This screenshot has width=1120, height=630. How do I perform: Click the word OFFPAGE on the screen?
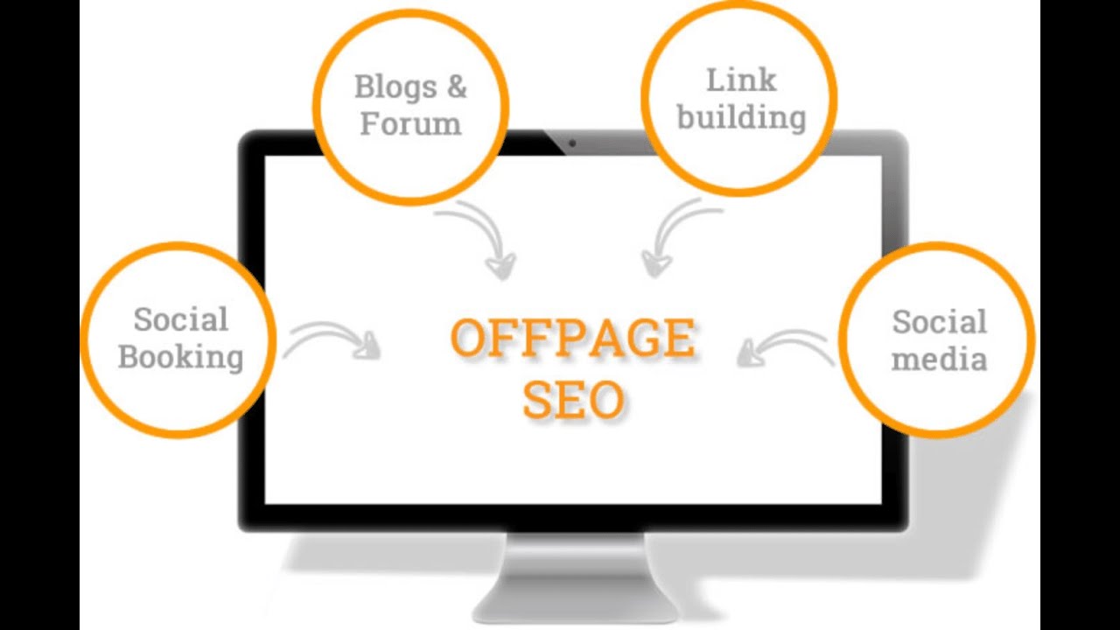click(573, 339)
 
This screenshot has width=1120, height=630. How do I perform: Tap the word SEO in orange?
click(573, 400)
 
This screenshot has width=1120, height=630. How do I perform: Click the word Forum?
click(410, 123)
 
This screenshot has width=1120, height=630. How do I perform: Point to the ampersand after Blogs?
click(457, 87)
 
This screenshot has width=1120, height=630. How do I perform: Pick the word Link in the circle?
click(740, 80)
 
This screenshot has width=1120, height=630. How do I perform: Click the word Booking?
click(181, 357)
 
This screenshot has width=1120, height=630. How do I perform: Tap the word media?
click(939, 359)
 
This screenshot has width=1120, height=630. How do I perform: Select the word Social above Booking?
click(181, 319)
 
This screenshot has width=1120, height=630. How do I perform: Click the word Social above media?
click(939, 321)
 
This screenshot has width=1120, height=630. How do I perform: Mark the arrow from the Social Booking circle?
click(332, 340)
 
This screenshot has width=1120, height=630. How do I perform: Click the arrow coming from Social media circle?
click(783, 346)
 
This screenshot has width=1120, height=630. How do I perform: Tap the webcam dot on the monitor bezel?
click(572, 143)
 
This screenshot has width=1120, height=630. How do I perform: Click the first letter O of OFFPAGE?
click(472, 339)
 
